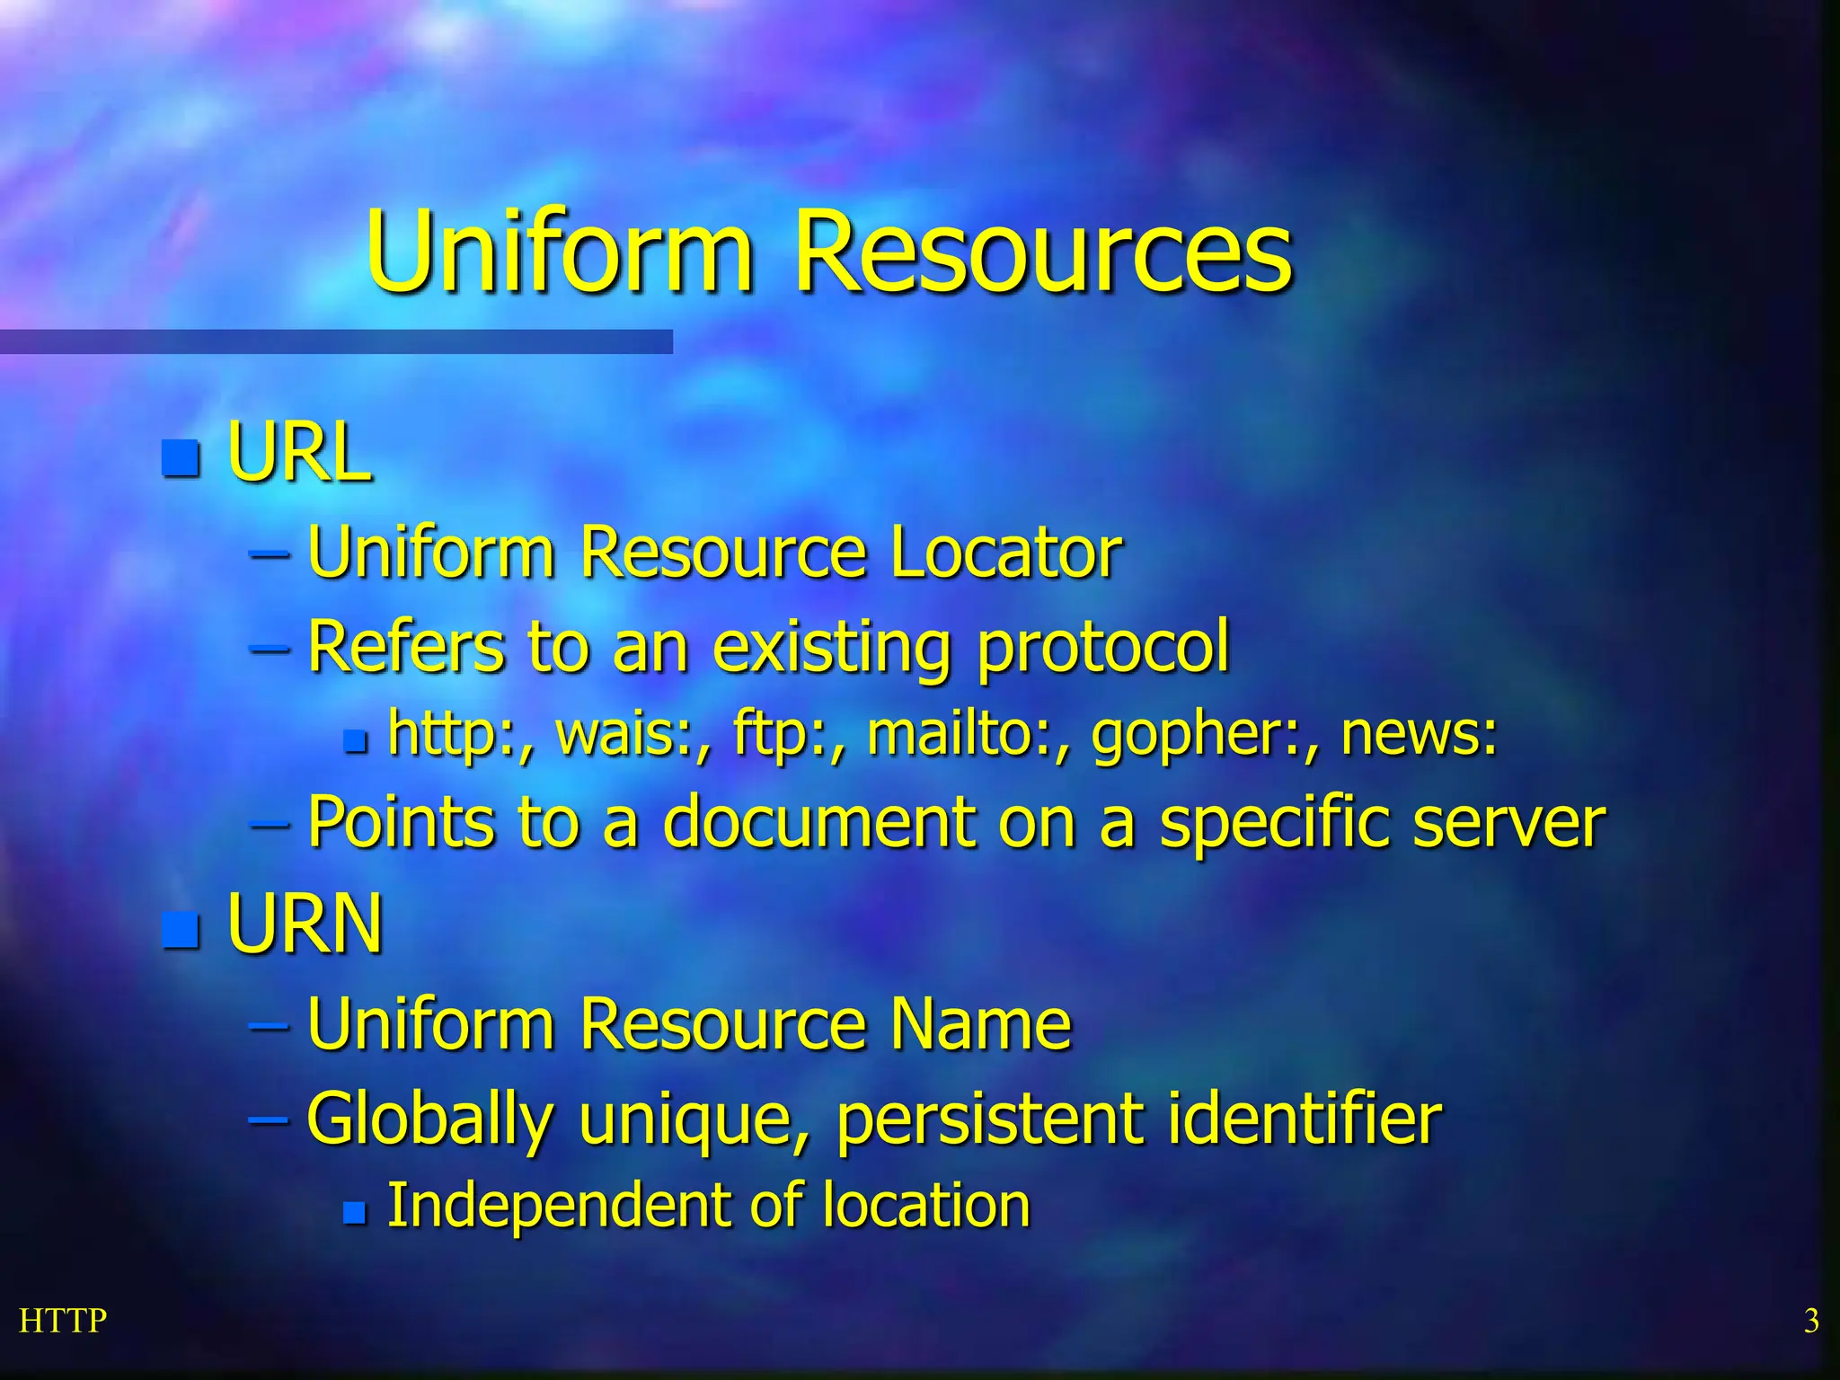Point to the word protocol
[1102, 647]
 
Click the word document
[818, 821]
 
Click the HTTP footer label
[63, 1321]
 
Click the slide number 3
[1811, 1321]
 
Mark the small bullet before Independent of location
[355, 1214]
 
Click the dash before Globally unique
[269, 1120]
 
